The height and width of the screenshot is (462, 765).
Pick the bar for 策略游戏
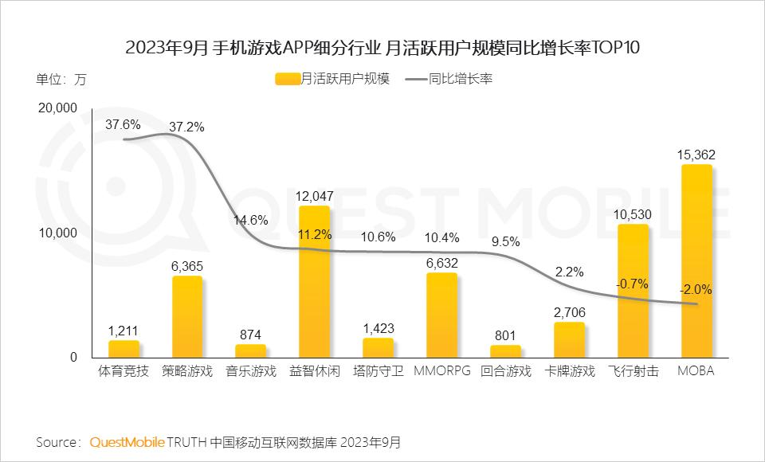point(186,317)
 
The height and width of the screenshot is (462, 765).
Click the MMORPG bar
point(441,315)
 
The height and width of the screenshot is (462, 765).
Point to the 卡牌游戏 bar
point(569,339)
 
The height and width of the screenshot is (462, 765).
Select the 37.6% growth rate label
point(123,124)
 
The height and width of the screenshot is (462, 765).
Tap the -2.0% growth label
point(696,289)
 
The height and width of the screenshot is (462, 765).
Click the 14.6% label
point(250,220)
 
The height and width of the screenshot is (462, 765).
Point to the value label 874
point(250,335)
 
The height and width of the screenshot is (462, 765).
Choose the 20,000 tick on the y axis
point(57,108)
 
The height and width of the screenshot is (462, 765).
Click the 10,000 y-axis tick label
point(57,233)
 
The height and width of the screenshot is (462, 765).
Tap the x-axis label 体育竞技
point(123,372)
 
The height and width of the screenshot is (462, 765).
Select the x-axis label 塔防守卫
point(378,372)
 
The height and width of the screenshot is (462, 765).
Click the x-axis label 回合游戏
point(505,372)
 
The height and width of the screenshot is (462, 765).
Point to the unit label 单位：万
point(61,79)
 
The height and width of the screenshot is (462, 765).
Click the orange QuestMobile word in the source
point(127,441)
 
